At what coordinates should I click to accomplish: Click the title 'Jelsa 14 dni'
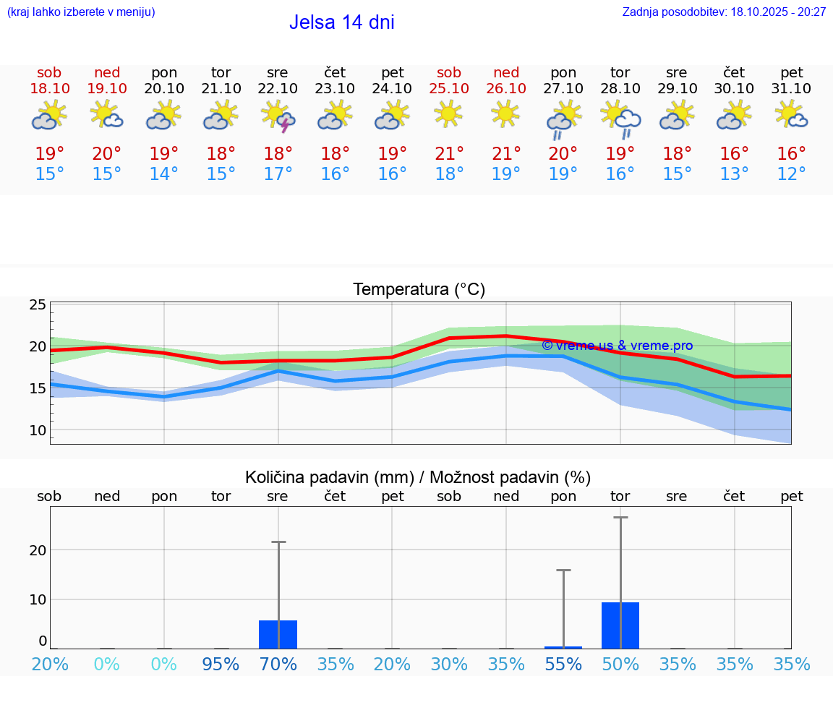(x=341, y=22)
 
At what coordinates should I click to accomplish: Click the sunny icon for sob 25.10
(x=449, y=114)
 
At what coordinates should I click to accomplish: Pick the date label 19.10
(x=107, y=89)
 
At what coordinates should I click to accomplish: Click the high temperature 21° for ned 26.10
(x=506, y=153)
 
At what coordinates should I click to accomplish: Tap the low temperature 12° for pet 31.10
(x=792, y=174)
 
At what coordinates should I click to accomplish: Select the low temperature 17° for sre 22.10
(x=278, y=174)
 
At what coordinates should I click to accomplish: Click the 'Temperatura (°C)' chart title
(x=419, y=290)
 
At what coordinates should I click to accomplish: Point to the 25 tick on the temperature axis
(x=38, y=305)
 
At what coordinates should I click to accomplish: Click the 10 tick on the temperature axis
(x=38, y=430)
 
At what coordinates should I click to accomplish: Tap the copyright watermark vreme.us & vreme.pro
(x=617, y=346)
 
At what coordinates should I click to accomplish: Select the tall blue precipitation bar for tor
(x=620, y=625)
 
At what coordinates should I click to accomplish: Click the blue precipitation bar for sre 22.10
(x=278, y=634)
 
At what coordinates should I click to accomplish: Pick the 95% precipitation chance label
(x=221, y=665)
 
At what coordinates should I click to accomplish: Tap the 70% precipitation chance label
(x=278, y=665)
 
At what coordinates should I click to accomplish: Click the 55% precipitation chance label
(x=563, y=665)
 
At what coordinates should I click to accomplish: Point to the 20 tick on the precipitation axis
(x=38, y=550)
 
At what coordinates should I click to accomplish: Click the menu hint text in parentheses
(x=81, y=12)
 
